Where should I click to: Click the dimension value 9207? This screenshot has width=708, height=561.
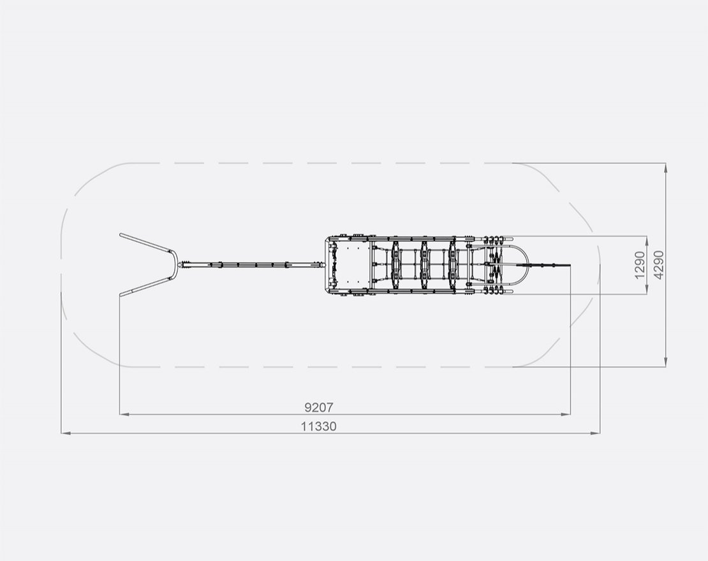pos(319,407)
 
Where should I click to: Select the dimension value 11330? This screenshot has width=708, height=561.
pos(319,426)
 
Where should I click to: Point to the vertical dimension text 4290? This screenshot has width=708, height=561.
pos(658,264)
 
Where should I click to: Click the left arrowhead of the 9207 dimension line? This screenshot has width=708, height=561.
pos(123,414)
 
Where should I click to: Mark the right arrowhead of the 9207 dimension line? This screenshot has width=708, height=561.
pos(566,414)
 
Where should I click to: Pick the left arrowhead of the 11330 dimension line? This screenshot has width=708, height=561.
pos(64,433)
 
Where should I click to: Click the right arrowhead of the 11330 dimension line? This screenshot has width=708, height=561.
pos(596,433)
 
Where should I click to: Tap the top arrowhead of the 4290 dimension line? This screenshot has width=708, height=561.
pos(665,167)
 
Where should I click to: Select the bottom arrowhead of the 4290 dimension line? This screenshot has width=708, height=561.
pos(665,363)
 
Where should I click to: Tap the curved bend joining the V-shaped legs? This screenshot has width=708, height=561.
pos(173,265)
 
